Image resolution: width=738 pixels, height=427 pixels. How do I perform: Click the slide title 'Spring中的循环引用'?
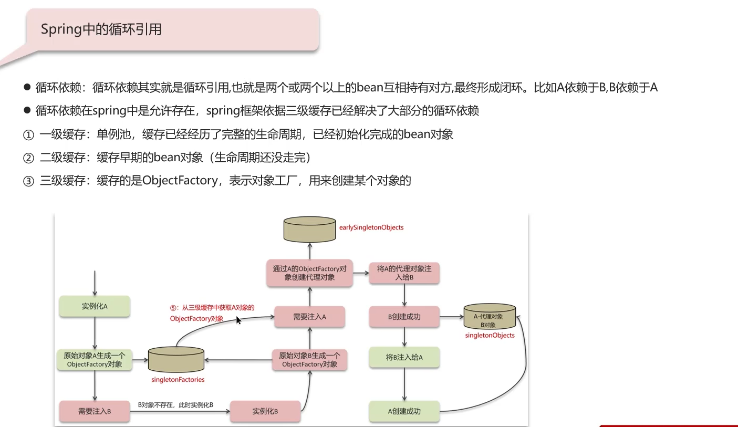pyautogui.click(x=101, y=29)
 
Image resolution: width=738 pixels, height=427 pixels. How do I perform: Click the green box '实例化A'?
pyautogui.click(x=95, y=306)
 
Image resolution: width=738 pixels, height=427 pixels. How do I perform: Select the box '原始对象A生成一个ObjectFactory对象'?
pyautogui.click(x=95, y=360)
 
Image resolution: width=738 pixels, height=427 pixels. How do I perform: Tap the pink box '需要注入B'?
pyautogui.click(x=95, y=411)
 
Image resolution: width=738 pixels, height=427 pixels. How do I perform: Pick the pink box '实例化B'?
pyautogui.click(x=265, y=411)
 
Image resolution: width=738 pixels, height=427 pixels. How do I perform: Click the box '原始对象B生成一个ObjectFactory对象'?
pyautogui.click(x=309, y=360)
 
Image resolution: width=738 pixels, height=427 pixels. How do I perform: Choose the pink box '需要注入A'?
pyautogui.click(x=309, y=317)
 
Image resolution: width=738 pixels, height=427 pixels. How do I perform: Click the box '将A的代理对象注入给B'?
pyautogui.click(x=404, y=273)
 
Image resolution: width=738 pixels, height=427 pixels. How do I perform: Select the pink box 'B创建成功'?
pyautogui.click(x=404, y=317)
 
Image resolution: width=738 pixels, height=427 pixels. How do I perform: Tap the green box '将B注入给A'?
pyautogui.click(x=404, y=357)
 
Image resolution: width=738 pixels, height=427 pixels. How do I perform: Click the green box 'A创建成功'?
pyautogui.click(x=404, y=411)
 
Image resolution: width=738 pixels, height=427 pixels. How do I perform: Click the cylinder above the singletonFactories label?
pyautogui.click(x=176, y=360)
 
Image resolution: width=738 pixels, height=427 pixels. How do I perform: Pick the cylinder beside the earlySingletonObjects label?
pyautogui.click(x=309, y=229)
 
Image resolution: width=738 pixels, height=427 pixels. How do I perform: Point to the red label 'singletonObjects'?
pyautogui.click(x=490, y=335)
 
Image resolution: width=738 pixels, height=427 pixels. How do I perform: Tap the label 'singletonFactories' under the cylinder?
pyautogui.click(x=178, y=379)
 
